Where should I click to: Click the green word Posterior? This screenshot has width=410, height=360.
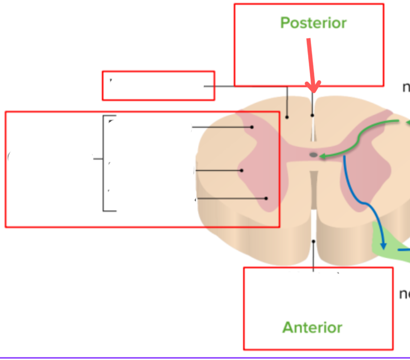click(x=313, y=23)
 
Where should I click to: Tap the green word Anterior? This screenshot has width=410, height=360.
click(x=312, y=327)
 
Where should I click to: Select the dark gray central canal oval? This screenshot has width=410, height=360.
click(x=314, y=154)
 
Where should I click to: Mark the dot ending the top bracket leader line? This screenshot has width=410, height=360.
click(x=252, y=127)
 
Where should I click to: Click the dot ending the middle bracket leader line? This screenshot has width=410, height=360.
click(x=242, y=171)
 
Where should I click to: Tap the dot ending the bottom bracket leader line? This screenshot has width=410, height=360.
click(x=266, y=199)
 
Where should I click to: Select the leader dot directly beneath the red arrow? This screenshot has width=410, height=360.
click(x=312, y=115)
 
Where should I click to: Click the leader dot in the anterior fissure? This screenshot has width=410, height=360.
click(x=314, y=241)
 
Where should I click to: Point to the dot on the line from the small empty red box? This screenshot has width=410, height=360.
click(x=287, y=117)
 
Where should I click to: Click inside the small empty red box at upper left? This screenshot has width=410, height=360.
click(x=158, y=86)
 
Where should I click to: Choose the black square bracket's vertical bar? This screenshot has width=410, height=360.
click(x=104, y=163)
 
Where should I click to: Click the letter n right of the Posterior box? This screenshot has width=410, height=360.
click(x=406, y=88)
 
